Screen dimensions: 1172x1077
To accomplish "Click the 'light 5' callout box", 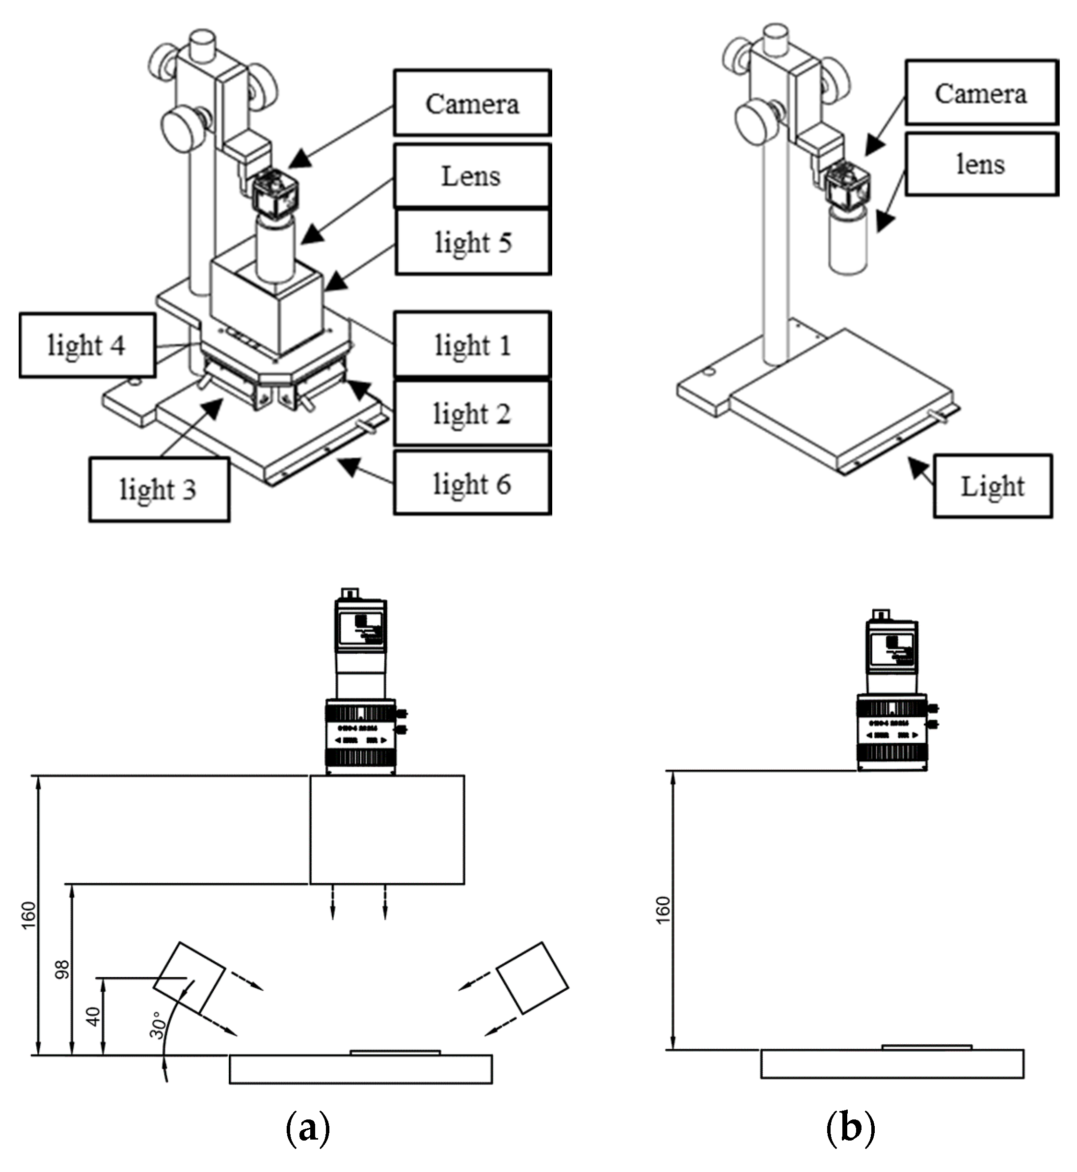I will click(473, 242).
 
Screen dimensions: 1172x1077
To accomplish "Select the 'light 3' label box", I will click(159, 489).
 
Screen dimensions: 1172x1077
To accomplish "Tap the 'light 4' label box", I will click(87, 345).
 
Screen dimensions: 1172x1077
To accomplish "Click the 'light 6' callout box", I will click(472, 483).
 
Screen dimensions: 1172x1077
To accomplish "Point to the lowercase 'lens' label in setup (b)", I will click(981, 165).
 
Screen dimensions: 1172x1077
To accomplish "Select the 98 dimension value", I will click(62, 969).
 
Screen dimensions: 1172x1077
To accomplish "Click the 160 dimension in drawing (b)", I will click(663, 910).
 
